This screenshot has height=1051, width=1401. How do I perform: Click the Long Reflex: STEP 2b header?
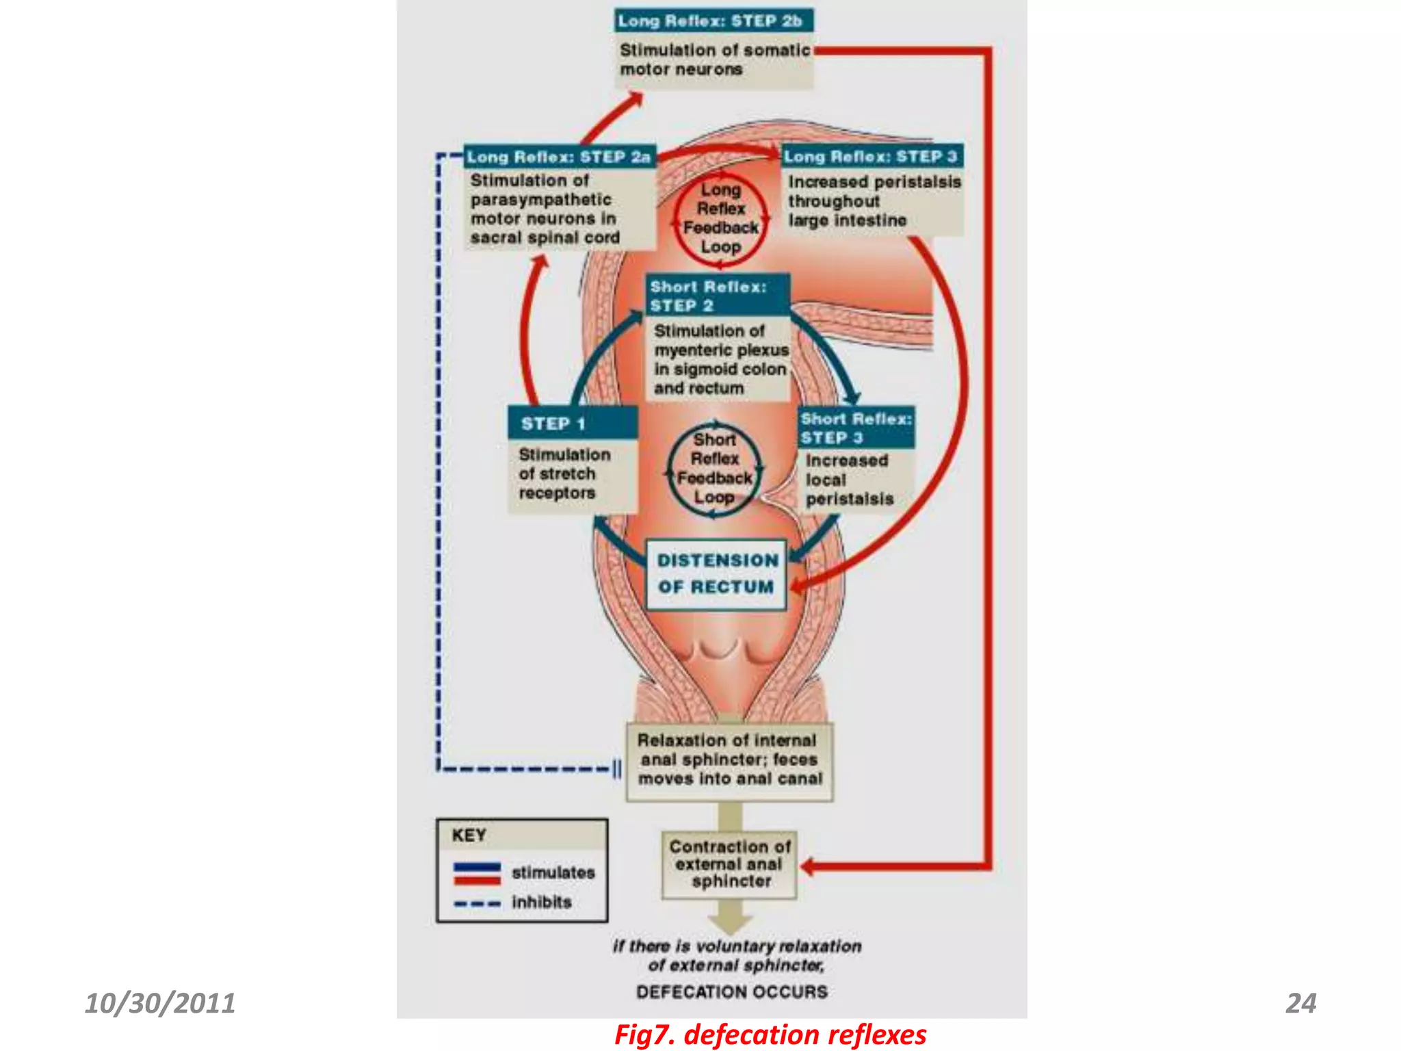coord(713,21)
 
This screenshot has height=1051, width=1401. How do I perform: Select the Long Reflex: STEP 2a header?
coord(559,157)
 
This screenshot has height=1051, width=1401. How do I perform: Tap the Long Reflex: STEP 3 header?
coord(872,156)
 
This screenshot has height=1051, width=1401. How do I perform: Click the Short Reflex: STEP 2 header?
coord(717,296)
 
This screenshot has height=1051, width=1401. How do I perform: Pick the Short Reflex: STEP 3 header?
coord(856,428)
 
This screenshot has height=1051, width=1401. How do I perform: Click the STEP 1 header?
coord(572,424)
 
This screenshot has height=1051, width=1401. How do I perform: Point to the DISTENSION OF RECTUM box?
coord(716,574)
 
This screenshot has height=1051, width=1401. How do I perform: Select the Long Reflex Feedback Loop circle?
coord(720,218)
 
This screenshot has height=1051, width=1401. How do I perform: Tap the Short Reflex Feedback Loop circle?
coord(714,469)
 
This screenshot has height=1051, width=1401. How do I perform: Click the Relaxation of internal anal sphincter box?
coord(730,760)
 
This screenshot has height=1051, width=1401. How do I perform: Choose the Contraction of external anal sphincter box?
coord(730,864)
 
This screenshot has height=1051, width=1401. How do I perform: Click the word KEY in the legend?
coord(469,835)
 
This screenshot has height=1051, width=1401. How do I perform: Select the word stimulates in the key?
coord(553,872)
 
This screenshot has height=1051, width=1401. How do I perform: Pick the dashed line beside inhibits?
coord(477,903)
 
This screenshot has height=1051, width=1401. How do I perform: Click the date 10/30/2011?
coord(160,1003)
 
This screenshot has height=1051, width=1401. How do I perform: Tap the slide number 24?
coord(1300,1003)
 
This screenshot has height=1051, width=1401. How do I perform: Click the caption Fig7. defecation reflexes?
coord(770,1035)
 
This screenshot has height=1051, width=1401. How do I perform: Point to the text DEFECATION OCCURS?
coord(731,991)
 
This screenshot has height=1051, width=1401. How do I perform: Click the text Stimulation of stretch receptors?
coord(564,473)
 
